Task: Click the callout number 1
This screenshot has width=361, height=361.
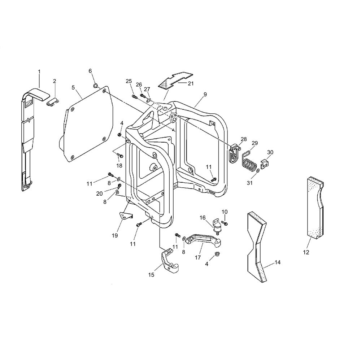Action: (x=39, y=71)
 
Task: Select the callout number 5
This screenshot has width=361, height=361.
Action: (x=73, y=87)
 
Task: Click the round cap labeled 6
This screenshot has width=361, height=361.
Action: (x=95, y=86)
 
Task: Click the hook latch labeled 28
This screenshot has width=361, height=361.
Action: (x=235, y=153)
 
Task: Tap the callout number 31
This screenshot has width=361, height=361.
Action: (x=249, y=183)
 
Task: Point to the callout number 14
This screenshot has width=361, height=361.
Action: (x=278, y=262)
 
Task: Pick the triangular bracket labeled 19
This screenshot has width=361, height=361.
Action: (x=126, y=216)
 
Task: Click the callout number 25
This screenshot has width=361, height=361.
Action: (x=129, y=81)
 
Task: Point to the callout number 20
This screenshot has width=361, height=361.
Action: (x=100, y=193)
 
